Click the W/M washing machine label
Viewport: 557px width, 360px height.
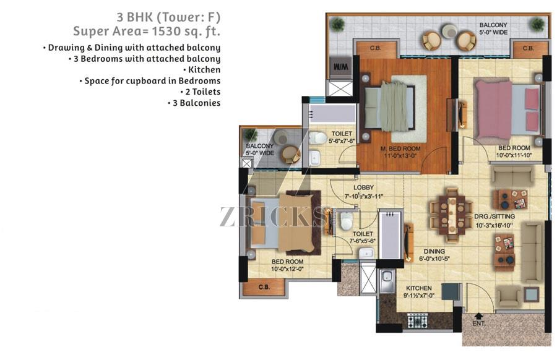[341, 67]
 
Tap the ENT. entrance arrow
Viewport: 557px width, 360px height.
[479, 315]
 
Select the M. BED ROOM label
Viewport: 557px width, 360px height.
[400, 148]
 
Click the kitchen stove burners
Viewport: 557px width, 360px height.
[417, 321]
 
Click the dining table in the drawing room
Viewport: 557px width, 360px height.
[452, 215]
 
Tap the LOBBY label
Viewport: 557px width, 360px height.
[363, 187]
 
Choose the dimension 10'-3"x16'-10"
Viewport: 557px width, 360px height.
[494, 225]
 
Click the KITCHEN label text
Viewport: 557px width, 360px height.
[419, 288]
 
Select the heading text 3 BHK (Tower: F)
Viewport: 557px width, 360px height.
[168, 17]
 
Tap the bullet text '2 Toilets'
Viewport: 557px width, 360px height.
[201, 92]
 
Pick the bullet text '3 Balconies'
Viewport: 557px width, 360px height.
[194, 103]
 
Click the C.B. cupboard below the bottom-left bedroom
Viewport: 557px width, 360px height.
[264, 287]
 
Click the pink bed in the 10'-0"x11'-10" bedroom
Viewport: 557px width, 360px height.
[508, 109]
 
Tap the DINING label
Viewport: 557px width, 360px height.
[434, 251]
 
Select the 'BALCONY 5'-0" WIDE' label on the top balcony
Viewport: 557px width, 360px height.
[493, 28]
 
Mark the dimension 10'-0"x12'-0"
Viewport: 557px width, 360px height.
[288, 269]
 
